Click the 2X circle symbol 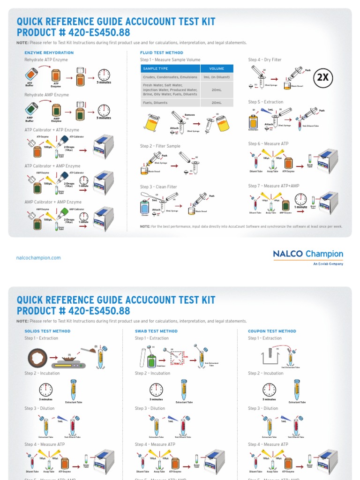pyautogui.click(x=323, y=78)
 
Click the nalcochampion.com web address pyautogui.click(x=38, y=258)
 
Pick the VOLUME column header pyautogui.click(x=217, y=68)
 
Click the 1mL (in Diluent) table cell pyautogui.click(x=217, y=77)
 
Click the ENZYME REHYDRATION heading pyautogui.click(x=49, y=52)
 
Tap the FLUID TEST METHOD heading pyautogui.click(x=162, y=52)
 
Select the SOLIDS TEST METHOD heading pyautogui.click(x=47, y=331)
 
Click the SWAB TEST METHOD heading pyautogui.click(x=156, y=331)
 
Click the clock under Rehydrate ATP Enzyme pyautogui.click(x=104, y=75)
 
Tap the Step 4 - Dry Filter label pyautogui.click(x=265, y=60)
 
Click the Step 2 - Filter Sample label pyautogui.click(x=160, y=146)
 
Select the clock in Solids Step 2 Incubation pyautogui.click(x=46, y=390)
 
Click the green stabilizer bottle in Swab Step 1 pyautogui.click(x=151, y=360)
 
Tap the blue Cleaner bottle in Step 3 pyautogui.click(x=145, y=206)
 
